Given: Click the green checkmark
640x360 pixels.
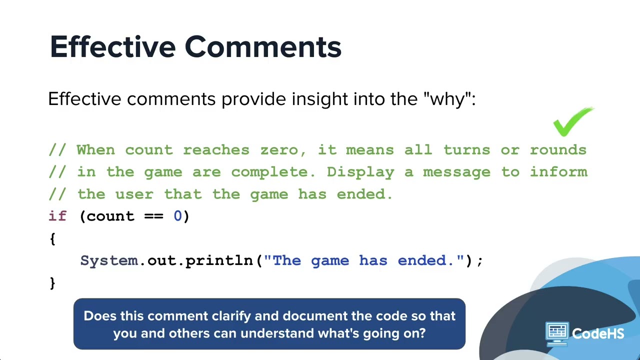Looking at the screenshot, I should (572, 121).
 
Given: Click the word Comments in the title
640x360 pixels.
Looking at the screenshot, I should (263, 47).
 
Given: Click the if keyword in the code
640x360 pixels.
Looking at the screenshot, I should (57, 216).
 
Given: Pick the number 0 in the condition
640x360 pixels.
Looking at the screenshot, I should (177, 216).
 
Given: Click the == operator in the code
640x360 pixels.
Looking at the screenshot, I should (154, 216).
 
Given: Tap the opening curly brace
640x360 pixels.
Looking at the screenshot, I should (52, 238).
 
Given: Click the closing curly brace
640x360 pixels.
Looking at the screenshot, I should (52, 283).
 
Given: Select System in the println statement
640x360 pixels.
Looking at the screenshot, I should (109, 260).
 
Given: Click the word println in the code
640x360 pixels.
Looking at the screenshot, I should (219, 260).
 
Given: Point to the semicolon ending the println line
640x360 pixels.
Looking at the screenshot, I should (480, 260).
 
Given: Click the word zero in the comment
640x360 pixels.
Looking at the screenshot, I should (279, 150).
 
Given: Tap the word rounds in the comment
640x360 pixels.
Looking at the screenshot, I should (558, 150).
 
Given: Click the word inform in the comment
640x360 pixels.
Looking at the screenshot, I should (558, 172).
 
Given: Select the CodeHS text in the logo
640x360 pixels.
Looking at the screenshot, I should (598, 333).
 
